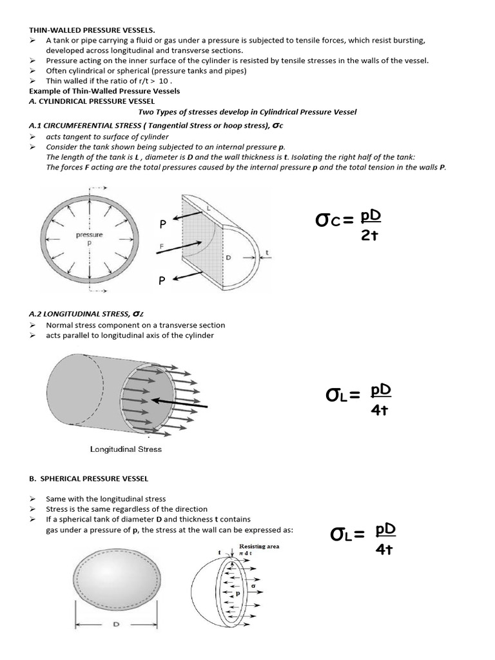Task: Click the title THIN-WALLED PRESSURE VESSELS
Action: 92,30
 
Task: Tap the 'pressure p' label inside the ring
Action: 89,239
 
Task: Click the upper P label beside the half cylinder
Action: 164,224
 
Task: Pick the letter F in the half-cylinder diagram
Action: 162,247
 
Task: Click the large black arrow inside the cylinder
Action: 174,402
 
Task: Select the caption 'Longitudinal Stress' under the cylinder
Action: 126,449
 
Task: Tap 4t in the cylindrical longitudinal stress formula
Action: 380,410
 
